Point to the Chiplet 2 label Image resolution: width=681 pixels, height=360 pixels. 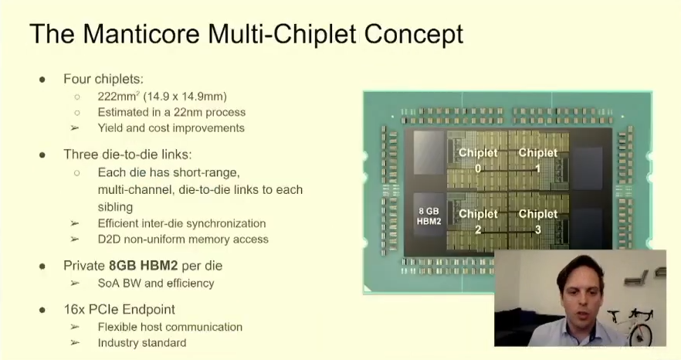coord(478,221)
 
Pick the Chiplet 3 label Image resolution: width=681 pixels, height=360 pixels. coord(538,221)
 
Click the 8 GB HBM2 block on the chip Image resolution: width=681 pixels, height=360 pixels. coord(428,216)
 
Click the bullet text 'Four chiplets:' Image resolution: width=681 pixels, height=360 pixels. coord(103,79)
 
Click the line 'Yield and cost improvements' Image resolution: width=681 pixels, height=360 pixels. coord(171,128)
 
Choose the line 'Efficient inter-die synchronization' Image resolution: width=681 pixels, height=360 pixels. coord(181,223)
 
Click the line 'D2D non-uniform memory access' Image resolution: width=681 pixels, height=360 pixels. coord(183,239)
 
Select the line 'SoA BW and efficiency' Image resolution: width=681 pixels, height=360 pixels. coord(155,283)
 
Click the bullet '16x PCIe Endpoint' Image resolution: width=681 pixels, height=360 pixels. coord(119,309)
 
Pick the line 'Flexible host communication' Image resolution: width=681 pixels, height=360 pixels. coord(170,327)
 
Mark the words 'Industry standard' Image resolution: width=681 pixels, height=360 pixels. coord(142,342)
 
